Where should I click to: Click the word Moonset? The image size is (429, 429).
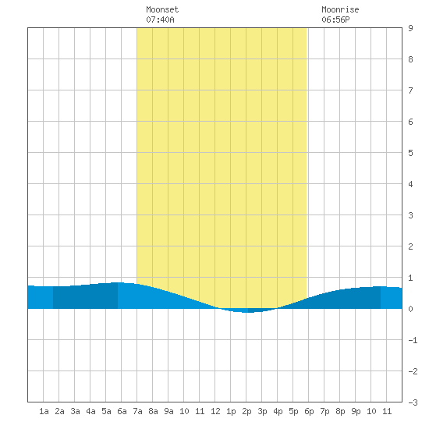(x=162, y=9)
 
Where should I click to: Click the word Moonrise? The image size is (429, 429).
(x=340, y=9)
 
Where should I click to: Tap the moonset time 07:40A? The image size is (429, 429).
(x=160, y=19)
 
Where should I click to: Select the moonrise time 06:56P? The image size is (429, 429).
(x=335, y=19)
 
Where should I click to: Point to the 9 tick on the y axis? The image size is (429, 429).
(x=410, y=28)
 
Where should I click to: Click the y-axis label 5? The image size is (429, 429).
(x=410, y=153)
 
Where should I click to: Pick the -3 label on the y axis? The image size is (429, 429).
(x=413, y=402)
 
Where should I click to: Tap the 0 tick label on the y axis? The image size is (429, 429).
(x=410, y=309)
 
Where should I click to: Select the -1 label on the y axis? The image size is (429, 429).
(x=413, y=340)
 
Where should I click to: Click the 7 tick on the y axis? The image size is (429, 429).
(x=410, y=90)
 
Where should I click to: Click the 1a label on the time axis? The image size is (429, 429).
(x=44, y=411)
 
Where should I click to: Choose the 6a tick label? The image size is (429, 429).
(x=122, y=411)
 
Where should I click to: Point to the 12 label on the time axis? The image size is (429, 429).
(x=215, y=411)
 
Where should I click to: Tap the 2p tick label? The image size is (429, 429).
(x=246, y=411)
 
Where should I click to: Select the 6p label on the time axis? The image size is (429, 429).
(x=309, y=411)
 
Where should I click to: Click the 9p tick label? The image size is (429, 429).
(x=356, y=411)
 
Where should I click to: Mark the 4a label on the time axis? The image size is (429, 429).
(x=90, y=411)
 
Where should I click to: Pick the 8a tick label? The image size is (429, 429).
(x=153, y=411)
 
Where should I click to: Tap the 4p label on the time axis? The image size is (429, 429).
(x=278, y=411)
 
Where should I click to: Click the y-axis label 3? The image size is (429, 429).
(x=410, y=215)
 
